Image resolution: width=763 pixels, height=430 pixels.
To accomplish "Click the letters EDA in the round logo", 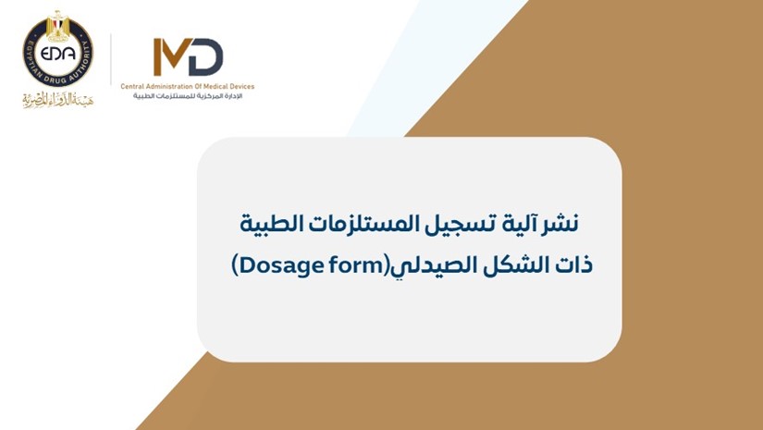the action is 58,54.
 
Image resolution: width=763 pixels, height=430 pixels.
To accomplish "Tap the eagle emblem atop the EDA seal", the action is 58,25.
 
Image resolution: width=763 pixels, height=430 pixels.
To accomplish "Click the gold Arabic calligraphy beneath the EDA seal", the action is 58,99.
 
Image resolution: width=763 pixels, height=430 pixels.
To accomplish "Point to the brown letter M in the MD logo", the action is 170,57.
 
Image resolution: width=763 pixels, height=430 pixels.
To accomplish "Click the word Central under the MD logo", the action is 131,87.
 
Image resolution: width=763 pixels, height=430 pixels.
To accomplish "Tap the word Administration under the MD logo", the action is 166,87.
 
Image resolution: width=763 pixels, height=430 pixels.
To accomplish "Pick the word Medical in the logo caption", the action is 215,87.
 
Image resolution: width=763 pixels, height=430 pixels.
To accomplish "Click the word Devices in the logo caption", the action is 242,87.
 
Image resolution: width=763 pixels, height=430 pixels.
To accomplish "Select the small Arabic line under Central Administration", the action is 188,96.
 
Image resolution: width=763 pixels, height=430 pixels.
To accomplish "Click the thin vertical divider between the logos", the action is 111,59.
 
